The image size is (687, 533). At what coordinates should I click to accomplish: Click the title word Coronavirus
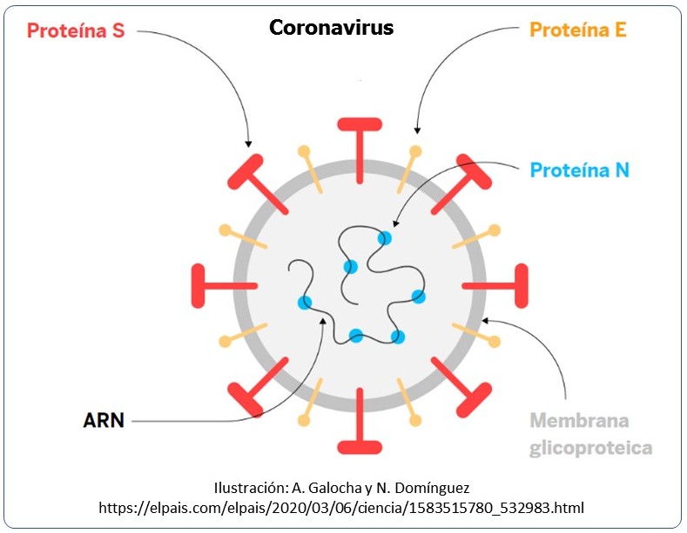[x=331, y=28]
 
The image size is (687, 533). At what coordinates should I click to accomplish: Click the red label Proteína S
[x=76, y=30]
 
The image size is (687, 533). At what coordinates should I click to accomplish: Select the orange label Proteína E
[x=578, y=30]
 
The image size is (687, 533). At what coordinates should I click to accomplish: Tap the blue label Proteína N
[x=579, y=170]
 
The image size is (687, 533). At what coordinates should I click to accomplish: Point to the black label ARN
[x=104, y=421]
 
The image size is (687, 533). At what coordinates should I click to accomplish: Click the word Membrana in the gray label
[x=579, y=421]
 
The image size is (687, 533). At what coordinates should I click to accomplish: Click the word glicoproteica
[x=590, y=448]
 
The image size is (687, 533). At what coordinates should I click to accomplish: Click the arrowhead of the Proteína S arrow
[x=248, y=143]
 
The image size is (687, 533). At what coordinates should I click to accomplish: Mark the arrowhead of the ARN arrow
[x=323, y=321]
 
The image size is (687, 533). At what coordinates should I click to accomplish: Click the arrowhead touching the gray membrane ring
[x=486, y=321]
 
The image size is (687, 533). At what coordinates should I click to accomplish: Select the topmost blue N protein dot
[x=385, y=238]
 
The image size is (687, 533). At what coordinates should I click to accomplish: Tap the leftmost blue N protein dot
[x=305, y=303]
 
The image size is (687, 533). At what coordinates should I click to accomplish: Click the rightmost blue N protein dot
[x=419, y=296]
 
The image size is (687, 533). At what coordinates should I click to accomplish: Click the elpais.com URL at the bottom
[x=341, y=508]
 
